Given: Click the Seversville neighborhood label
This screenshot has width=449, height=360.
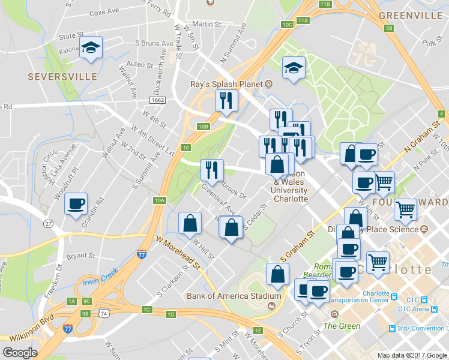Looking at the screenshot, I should [62, 77].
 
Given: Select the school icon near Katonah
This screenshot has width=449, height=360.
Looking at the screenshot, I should [91, 49].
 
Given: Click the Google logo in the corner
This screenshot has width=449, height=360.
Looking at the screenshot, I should [20, 353].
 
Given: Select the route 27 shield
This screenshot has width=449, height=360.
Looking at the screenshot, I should [48, 224].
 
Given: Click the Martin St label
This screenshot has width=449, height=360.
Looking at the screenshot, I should [207, 25].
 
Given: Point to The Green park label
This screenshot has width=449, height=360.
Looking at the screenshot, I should [342, 326].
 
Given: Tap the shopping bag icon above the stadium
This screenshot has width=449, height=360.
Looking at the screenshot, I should [277, 275].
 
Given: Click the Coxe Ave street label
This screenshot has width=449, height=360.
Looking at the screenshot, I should [103, 12].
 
